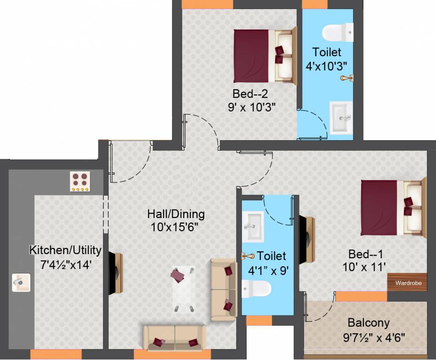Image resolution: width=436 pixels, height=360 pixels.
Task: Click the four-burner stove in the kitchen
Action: (x=80, y=181)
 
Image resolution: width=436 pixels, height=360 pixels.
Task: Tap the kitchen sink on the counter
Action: (x=21, y=283)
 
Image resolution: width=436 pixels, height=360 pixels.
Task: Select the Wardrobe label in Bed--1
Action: (x=408, y=283)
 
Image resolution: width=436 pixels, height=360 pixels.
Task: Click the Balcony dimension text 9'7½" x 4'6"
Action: (x=374, y=338)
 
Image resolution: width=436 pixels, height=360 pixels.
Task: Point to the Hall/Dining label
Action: (x=176, y=214)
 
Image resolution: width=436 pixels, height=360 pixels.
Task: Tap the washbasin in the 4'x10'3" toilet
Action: (x=341, y=118)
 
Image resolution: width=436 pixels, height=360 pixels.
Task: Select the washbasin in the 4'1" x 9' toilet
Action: (x=253, y=226)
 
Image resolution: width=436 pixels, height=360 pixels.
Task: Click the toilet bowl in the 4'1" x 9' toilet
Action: (x=256, y=289)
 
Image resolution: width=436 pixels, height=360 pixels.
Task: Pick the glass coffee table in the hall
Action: (x=184, y=289)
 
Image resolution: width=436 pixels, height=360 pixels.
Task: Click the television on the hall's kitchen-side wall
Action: (x=115, y=273)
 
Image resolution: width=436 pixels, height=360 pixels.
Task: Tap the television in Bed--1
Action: (x=307, y=240)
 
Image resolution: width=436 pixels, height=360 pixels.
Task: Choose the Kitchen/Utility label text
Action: (x=65, y=250)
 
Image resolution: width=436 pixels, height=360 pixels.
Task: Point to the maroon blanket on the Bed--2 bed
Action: (x=251, y=56)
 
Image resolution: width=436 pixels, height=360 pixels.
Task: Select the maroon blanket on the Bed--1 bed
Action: (x=379, y=208)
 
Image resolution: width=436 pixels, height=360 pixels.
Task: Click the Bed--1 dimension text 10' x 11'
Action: (x=364, y=267)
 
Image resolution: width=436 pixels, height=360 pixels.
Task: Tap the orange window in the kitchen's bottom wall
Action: (x=56, y=354)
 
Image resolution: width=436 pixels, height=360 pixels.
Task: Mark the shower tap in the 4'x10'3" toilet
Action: (x=347, y=78)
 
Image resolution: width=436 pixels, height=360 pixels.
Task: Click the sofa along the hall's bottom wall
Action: (x=175, y=338)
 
